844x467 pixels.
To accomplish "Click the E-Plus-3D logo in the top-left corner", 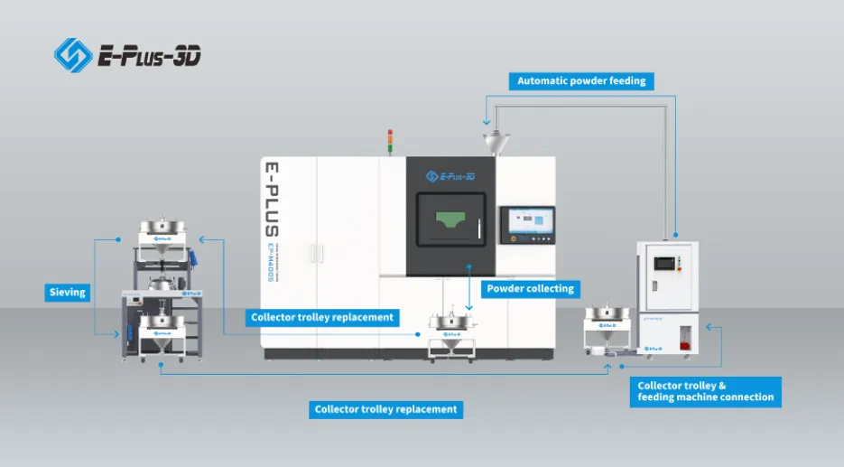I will point(127,55).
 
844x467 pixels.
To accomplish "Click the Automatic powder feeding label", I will point(581,80).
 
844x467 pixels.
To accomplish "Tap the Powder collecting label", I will point(530,289).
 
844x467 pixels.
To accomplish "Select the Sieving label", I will point(68,292).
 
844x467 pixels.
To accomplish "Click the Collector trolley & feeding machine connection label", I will point(705,391).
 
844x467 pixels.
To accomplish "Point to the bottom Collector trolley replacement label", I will point(385,409).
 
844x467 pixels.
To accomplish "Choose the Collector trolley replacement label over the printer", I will point(322,317).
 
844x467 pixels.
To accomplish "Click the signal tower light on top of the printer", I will point(391,141).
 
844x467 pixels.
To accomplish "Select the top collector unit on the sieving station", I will point(162,232).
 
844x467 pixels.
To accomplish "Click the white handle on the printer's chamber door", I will point(479,226).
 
